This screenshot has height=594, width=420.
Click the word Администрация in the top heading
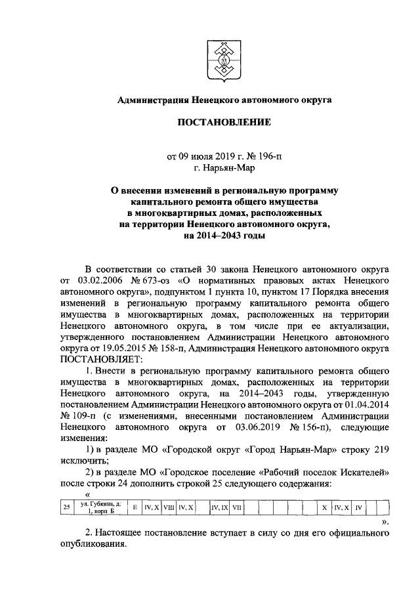(x=153, y=100)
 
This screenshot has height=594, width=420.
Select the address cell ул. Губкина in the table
(x=98, y=507)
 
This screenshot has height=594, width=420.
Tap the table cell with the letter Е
(x=134, y=507)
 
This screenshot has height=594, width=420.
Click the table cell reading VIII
(x=168, y=507)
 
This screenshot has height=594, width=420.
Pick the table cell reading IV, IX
(x=220, y=507)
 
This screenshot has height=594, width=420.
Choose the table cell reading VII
(x=238, y=507)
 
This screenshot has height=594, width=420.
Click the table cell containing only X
(x=324, y=507)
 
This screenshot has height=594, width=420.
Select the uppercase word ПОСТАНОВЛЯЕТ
(x=100, y=358)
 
